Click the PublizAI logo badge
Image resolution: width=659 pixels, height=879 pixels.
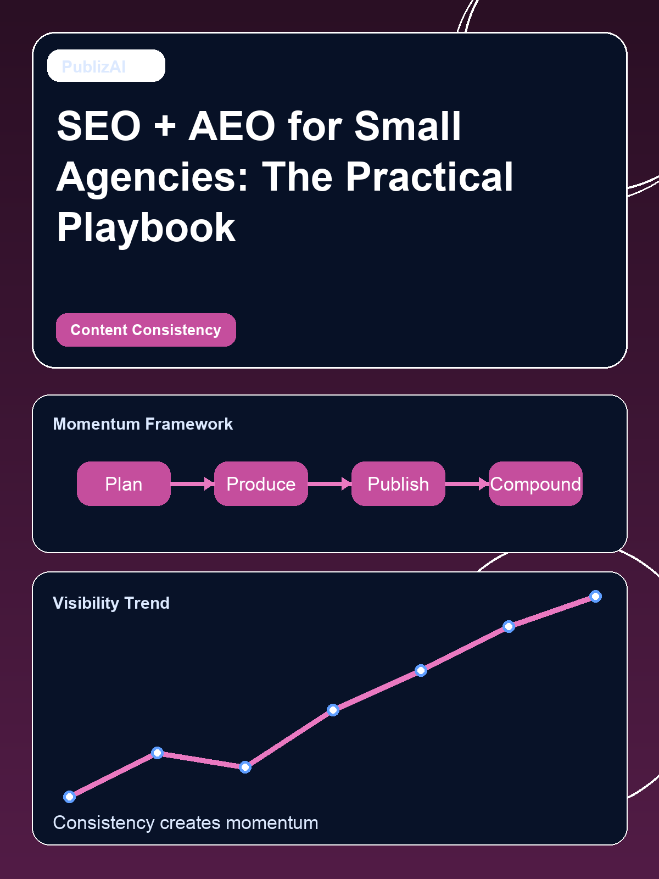(106, 66)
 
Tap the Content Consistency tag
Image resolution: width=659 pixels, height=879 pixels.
(146, 330)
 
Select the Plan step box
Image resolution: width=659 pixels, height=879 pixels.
(124, 483)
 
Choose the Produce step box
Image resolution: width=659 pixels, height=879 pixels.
(261, 483)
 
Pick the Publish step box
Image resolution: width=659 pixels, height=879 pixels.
(398, 483)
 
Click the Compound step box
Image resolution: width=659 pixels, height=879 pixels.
(535, 483)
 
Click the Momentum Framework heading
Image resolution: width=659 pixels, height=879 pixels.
(143, 424)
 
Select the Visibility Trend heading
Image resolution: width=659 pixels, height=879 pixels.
(111, 603)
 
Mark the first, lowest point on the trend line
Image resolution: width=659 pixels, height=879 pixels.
(69, 797)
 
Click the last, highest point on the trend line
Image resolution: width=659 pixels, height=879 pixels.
(595, 596)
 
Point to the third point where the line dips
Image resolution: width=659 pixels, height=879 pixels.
(245, 767)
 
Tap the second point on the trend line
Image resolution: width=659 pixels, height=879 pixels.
(157, 753)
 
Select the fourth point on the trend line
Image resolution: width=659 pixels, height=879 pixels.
(333, 710)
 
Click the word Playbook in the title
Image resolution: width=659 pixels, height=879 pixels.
(146, 227)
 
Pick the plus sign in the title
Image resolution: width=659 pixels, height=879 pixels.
(165, 126)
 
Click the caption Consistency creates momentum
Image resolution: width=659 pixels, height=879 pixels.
(185, 822)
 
